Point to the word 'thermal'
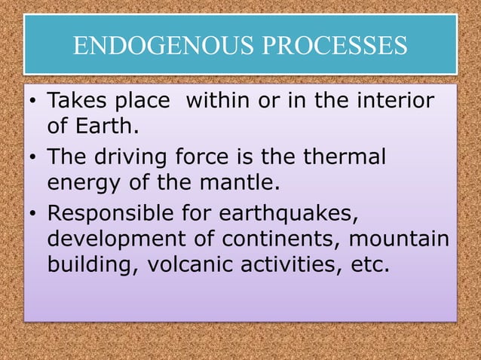tap(350, 157)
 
